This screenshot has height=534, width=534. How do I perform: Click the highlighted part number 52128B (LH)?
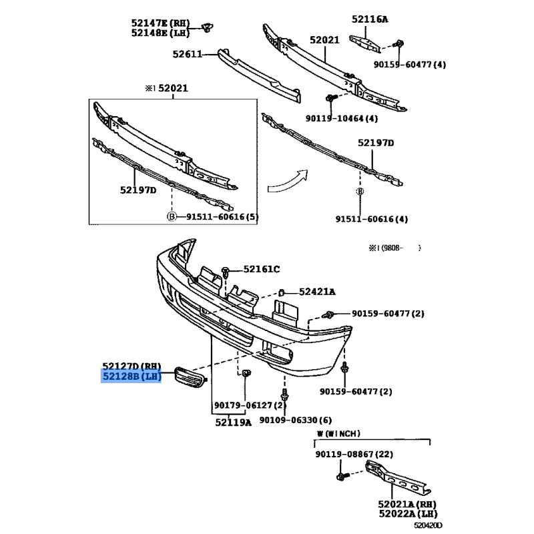pos(131,377)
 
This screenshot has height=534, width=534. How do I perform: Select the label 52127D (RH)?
pos(131,366)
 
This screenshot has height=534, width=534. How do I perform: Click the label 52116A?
pos(369,19)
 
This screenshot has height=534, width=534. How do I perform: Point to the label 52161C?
pos(262,269)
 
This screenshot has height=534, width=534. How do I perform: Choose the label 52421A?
pos(317,292)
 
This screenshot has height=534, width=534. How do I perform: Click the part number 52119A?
pos(234,423)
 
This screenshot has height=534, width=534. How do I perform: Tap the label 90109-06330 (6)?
pos(295,420)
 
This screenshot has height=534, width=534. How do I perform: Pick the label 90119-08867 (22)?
pos(355,455)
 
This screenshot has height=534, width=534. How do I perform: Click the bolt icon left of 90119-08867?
pos(342,477)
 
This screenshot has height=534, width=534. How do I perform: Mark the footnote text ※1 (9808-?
pos(392,248)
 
